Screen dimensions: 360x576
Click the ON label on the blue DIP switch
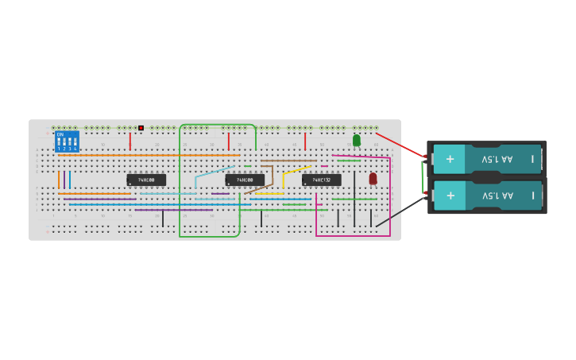[60, 134]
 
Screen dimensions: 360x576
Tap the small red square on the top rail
[141, 128]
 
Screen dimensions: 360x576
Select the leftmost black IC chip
[146, 180]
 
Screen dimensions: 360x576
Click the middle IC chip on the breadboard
[245, 180]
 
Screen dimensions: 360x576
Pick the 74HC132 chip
[321, 180]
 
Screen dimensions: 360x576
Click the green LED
[356, 140]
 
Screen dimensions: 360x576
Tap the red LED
[373, 179]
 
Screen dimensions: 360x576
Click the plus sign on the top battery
[450, 158]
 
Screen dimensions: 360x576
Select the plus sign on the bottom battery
[450, 195]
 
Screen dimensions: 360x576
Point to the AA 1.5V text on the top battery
[498, 159]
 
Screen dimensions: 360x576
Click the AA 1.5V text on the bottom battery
[498, 195]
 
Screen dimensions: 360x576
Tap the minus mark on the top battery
[533, 159]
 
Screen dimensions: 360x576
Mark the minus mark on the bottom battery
[533, 195]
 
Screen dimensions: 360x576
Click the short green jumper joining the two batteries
[422, 176]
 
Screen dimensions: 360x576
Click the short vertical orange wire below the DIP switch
[59, 180]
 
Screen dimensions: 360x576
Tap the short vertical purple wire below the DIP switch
[64, 180]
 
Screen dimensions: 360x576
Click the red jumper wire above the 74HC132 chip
[304, 141]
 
